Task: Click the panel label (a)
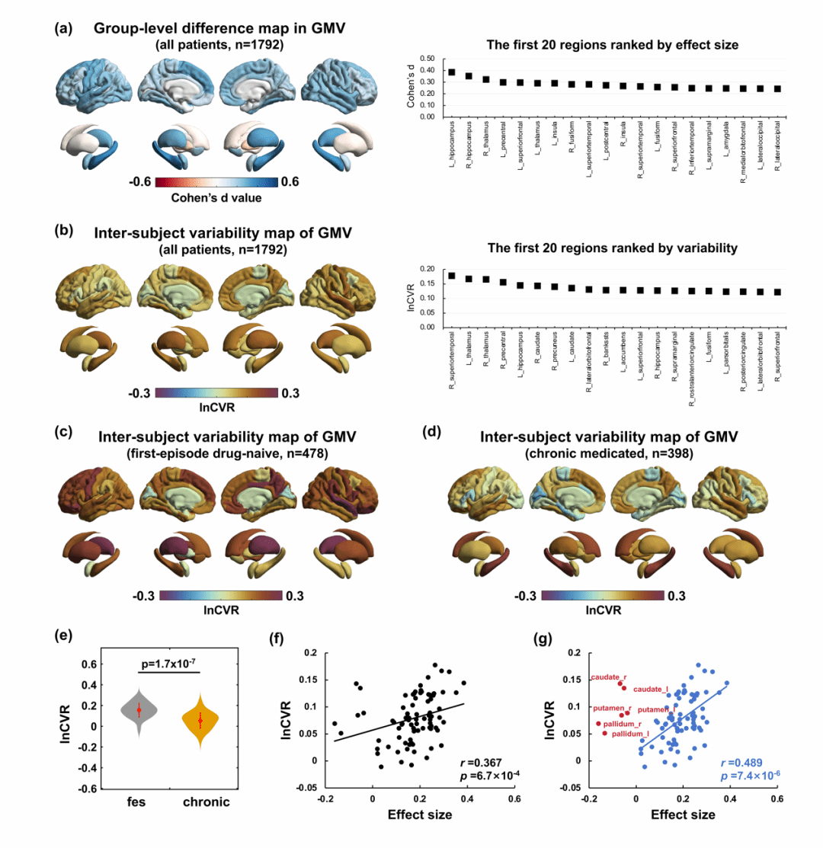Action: click(x=63, y=28)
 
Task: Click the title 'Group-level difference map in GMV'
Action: click(x=220, y=28)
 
